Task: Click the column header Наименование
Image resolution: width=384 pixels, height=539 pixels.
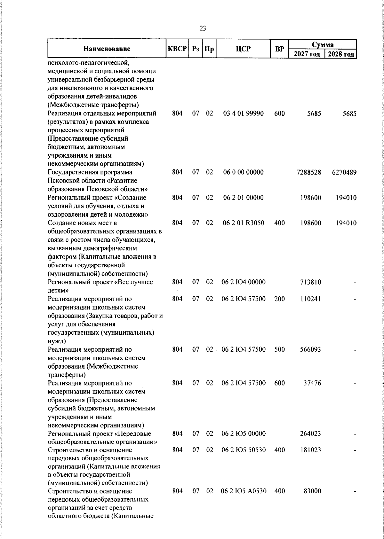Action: click(x=107, y=49)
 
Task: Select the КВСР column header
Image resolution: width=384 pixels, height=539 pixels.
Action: click(x=177, y=49)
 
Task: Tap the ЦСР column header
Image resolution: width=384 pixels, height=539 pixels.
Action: click(x=243, y=49)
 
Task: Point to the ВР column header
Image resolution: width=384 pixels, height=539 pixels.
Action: click(x=280, y=49)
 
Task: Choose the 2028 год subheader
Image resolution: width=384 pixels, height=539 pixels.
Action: click(x=341, y=54)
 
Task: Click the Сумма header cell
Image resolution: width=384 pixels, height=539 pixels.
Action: click(x=323, y=44)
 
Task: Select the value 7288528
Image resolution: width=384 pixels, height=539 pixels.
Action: click(x=309, y=172)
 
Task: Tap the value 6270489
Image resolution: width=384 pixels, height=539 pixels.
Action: click(x=344, y=172)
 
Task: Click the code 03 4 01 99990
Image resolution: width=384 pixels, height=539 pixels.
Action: click(x=243, y=113)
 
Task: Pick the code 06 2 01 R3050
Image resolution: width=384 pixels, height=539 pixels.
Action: click(x=243, y=223)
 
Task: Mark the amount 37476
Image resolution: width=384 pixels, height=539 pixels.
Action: click(x=312, y=383)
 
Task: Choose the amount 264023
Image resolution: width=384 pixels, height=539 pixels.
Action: click(x=310, y=434)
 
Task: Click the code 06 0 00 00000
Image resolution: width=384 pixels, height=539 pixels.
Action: click(x=243, y=172)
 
